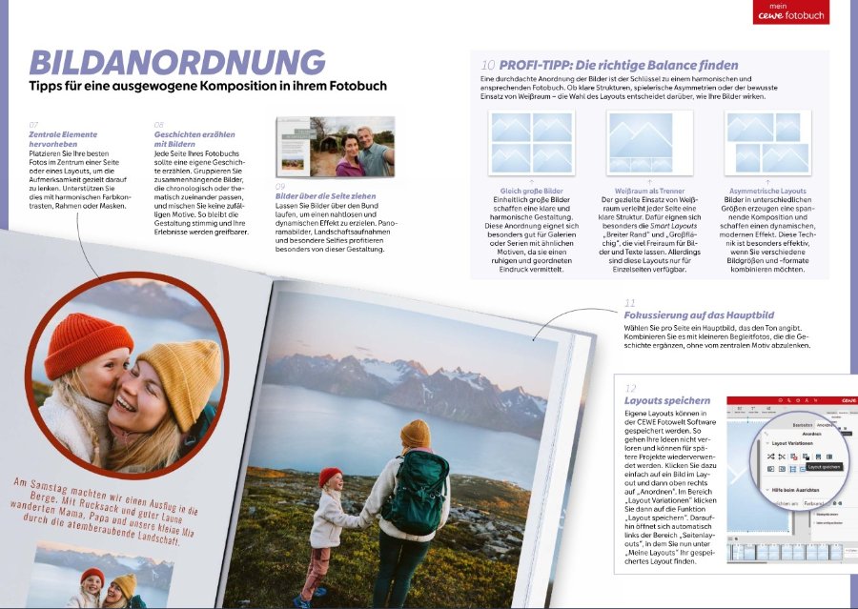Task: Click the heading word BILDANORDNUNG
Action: [176, 63]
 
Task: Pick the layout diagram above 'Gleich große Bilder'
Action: [531, 143]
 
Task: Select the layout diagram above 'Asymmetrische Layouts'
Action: [767, 143]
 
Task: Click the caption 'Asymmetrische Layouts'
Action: [766, 191]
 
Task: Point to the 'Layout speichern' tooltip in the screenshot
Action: [822, 467]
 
